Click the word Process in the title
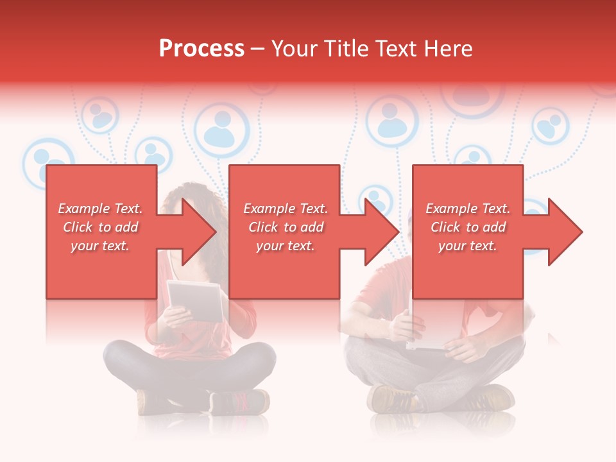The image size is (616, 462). tap(201, 49)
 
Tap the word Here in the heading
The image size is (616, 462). tap(448, 49)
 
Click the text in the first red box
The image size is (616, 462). tap(101, 227)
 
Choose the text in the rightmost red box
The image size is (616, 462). tap(468, 227)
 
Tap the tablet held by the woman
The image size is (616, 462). tap(196, 301)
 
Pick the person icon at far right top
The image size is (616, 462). tap(550, 126)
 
